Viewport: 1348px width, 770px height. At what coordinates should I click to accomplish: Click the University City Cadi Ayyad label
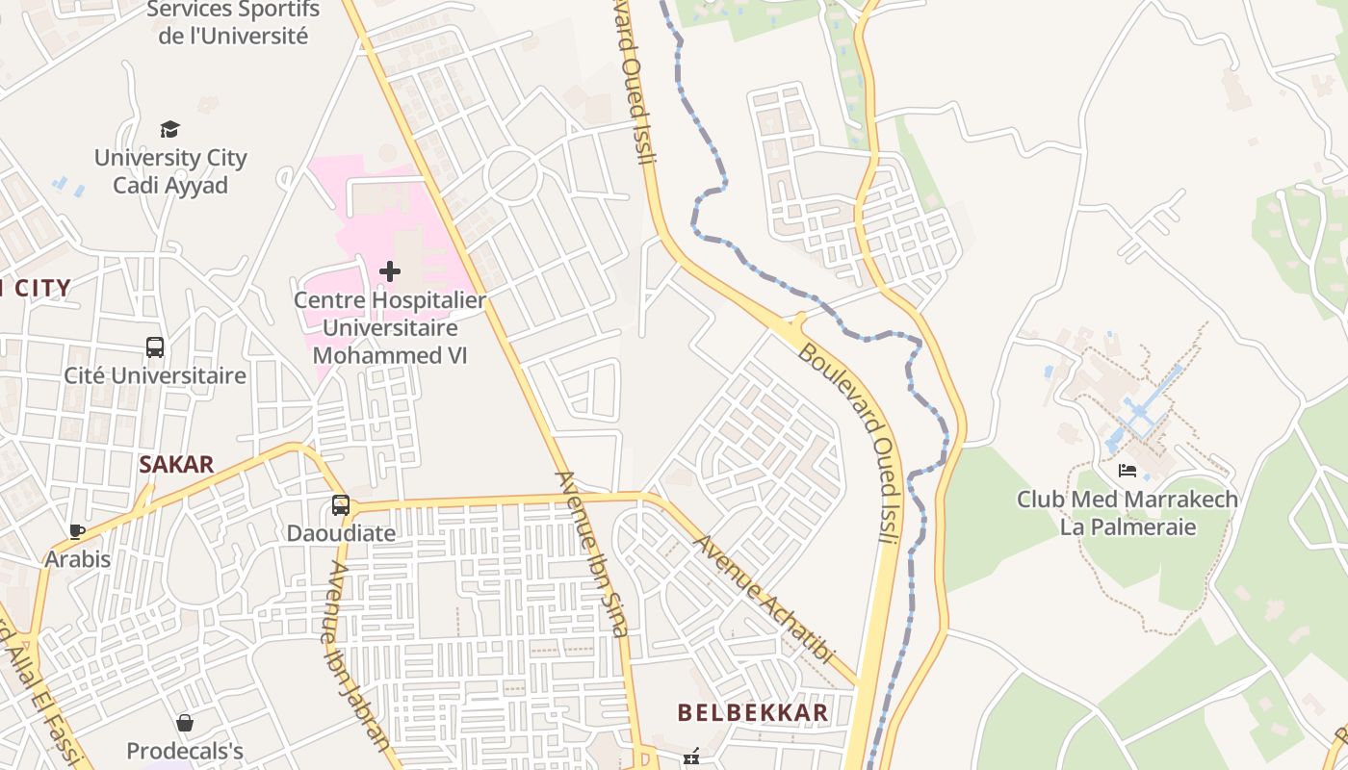point(170,171)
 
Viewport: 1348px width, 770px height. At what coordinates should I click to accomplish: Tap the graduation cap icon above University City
point(170,129)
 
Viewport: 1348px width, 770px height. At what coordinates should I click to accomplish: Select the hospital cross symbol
point(390,271)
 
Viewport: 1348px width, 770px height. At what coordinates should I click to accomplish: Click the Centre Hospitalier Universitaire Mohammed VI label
point(390,327)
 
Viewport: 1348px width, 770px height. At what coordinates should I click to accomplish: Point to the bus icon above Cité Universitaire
point(155,346)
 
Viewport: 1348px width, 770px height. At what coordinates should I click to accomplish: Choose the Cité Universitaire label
point(155,375)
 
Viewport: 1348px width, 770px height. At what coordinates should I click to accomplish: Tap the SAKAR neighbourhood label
point(176,465)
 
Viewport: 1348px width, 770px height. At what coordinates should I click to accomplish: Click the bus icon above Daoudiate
point(341,505)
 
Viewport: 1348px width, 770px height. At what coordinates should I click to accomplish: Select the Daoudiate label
point(341,532)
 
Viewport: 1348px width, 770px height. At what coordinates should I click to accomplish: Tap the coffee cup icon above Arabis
point(78,531)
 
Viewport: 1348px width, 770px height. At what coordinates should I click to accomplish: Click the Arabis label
point(78,559)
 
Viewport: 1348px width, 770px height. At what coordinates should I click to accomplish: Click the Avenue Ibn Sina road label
point(592,553)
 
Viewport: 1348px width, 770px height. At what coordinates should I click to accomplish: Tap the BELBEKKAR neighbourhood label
point(753,713)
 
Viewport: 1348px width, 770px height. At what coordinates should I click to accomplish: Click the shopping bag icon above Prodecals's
point(185,723)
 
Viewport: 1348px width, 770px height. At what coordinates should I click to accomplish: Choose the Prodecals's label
point(185,751)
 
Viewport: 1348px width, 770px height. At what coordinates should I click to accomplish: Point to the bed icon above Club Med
point(1128,472)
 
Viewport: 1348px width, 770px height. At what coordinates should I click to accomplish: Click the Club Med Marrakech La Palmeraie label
point(1128,513)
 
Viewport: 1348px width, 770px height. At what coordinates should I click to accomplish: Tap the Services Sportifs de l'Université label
point(232,23)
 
